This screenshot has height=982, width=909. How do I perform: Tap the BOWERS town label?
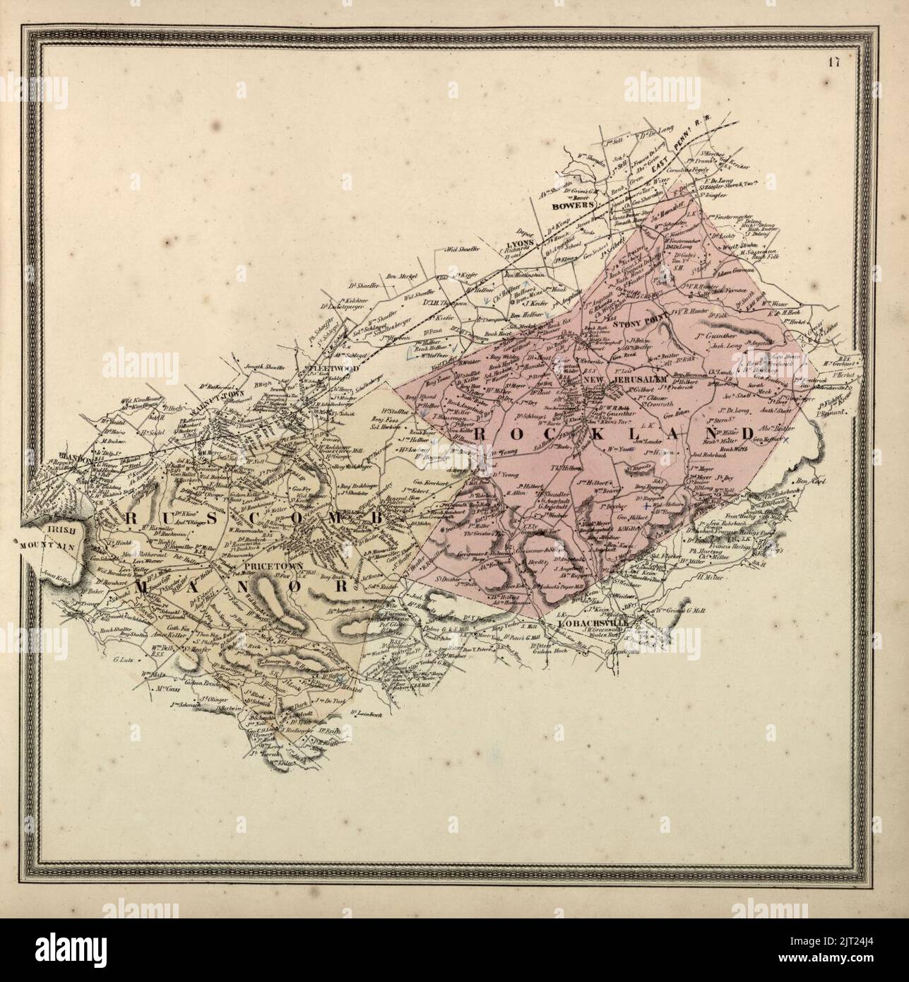pos(569,208)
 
